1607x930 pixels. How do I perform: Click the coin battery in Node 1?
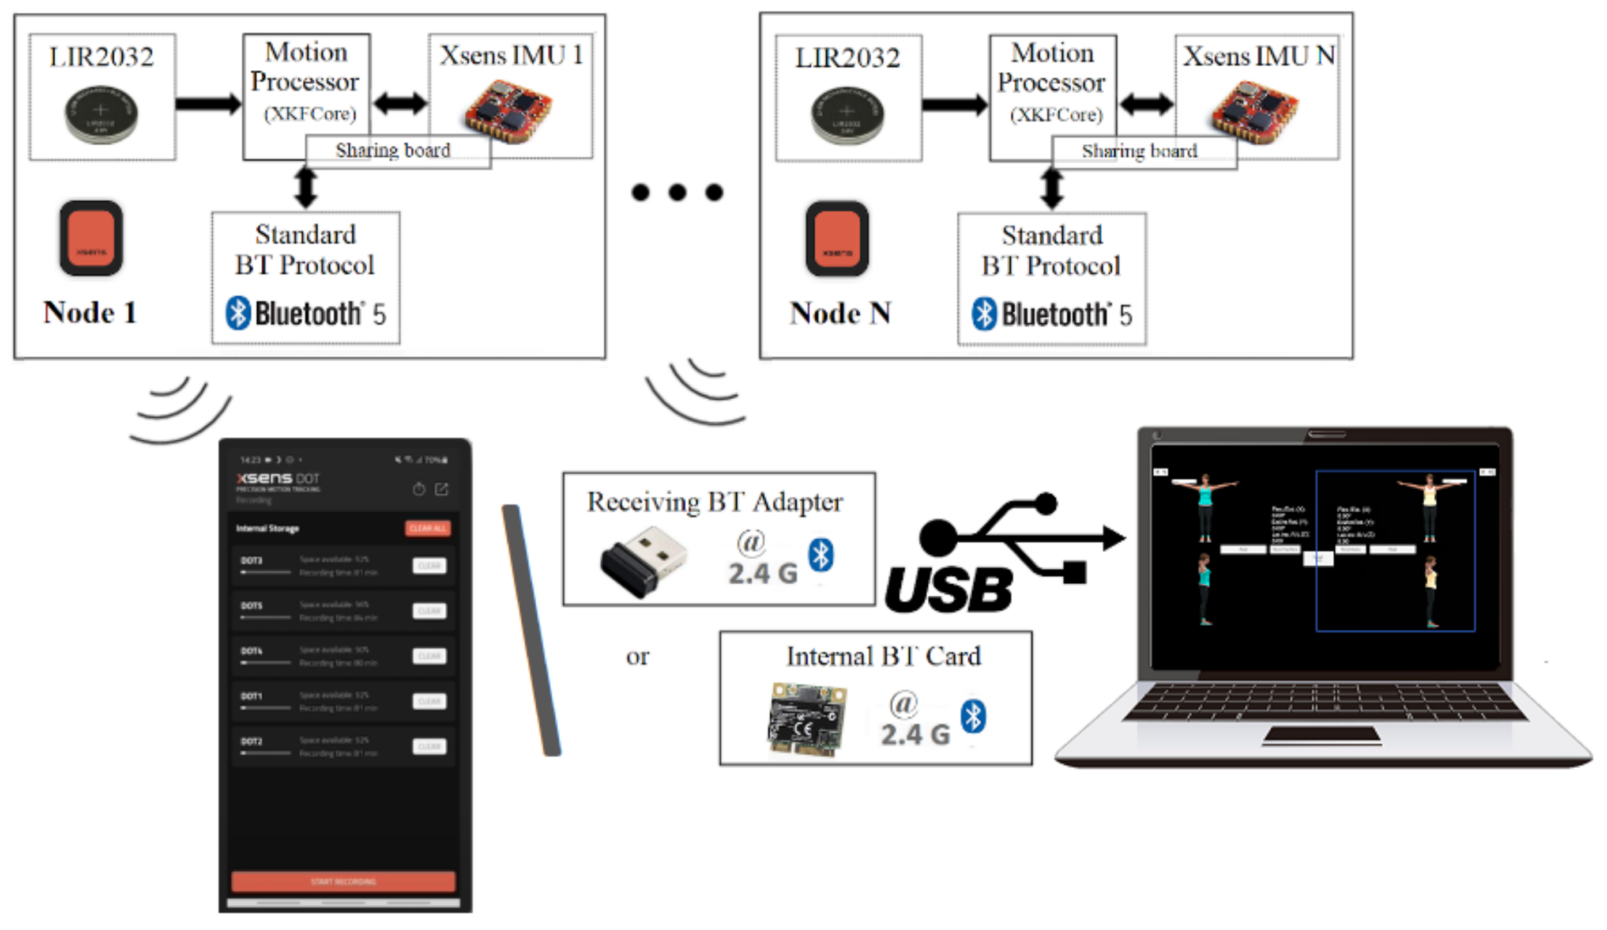point(101,115)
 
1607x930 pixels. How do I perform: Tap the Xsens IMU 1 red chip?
point(508,112)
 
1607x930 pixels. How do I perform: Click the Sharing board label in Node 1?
point(393,151)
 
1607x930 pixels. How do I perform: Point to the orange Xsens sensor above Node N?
point(837,239)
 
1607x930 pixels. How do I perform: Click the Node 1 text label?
point(90,312)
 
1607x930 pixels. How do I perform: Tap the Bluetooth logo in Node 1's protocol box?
point(238,313)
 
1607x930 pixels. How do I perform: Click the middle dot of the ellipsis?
point(678,192)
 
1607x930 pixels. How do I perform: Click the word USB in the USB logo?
point(949,589)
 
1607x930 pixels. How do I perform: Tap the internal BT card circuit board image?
point(807,719)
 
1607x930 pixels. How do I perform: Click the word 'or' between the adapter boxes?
point(637,656)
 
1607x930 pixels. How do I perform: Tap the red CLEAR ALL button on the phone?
point(428,528)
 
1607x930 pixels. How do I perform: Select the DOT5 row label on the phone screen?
point(252,606)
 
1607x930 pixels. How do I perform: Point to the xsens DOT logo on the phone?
point(278,478)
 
